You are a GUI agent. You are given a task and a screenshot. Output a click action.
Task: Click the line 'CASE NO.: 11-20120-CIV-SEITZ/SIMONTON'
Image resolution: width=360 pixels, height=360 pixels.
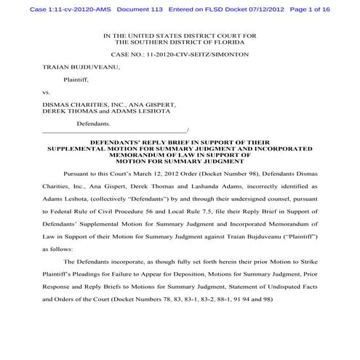pyautogui.click(x=179, y=55)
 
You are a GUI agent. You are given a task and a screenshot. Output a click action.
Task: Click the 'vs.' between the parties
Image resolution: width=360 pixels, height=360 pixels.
pyautogui.click(x=47, y=92)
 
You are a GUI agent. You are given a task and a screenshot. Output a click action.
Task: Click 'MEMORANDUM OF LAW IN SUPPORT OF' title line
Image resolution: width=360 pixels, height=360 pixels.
pyautogui.click(x=179, y=154)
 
